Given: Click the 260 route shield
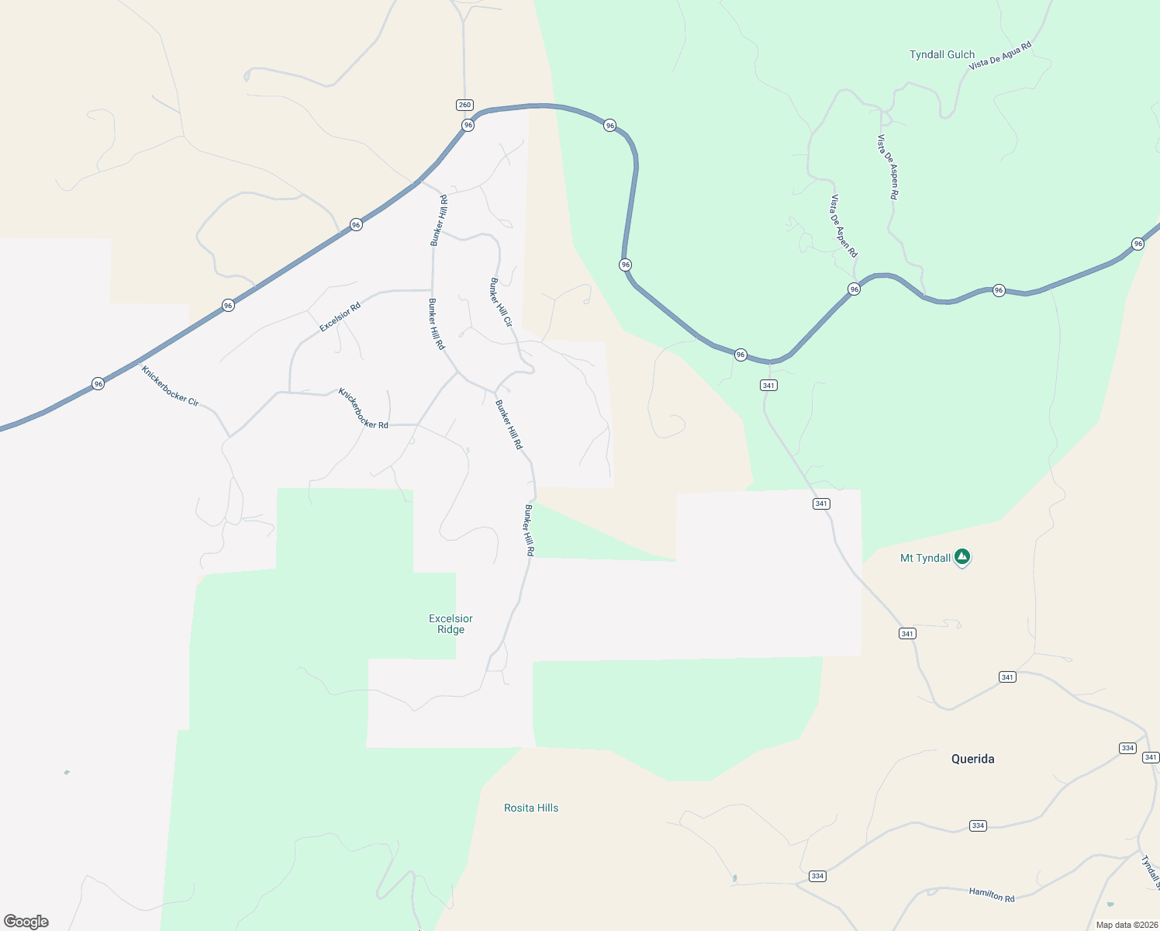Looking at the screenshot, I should pos(464,105).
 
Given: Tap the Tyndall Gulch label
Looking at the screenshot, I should pos(941,54).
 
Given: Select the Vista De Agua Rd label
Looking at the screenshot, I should pos(1000,57).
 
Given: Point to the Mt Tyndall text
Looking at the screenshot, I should pos(925,558).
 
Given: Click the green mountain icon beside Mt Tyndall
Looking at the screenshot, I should pos(962,556).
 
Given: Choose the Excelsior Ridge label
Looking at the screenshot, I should pos(451,624).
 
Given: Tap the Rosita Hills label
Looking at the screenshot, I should pos(531,808).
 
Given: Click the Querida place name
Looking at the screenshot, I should pos(972,759).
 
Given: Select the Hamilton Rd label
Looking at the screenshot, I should pos(991,894).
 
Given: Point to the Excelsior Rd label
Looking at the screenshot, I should pos(340,317).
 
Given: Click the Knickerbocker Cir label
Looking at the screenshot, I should pos(170,386).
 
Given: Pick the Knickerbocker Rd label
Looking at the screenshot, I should pos(363,408).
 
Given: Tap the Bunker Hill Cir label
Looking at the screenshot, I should pos(501,302).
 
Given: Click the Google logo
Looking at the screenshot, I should pos(26,922).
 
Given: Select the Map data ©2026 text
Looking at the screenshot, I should pos(1127,925).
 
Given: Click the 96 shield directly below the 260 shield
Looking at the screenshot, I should pos(468,125).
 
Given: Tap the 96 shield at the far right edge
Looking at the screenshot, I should pos(1138,244).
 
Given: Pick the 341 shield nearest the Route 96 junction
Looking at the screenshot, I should pos(768,385).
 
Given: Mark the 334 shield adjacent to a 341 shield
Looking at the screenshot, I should pos(1127,748).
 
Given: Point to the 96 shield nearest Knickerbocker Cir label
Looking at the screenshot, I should pos(98,383).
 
